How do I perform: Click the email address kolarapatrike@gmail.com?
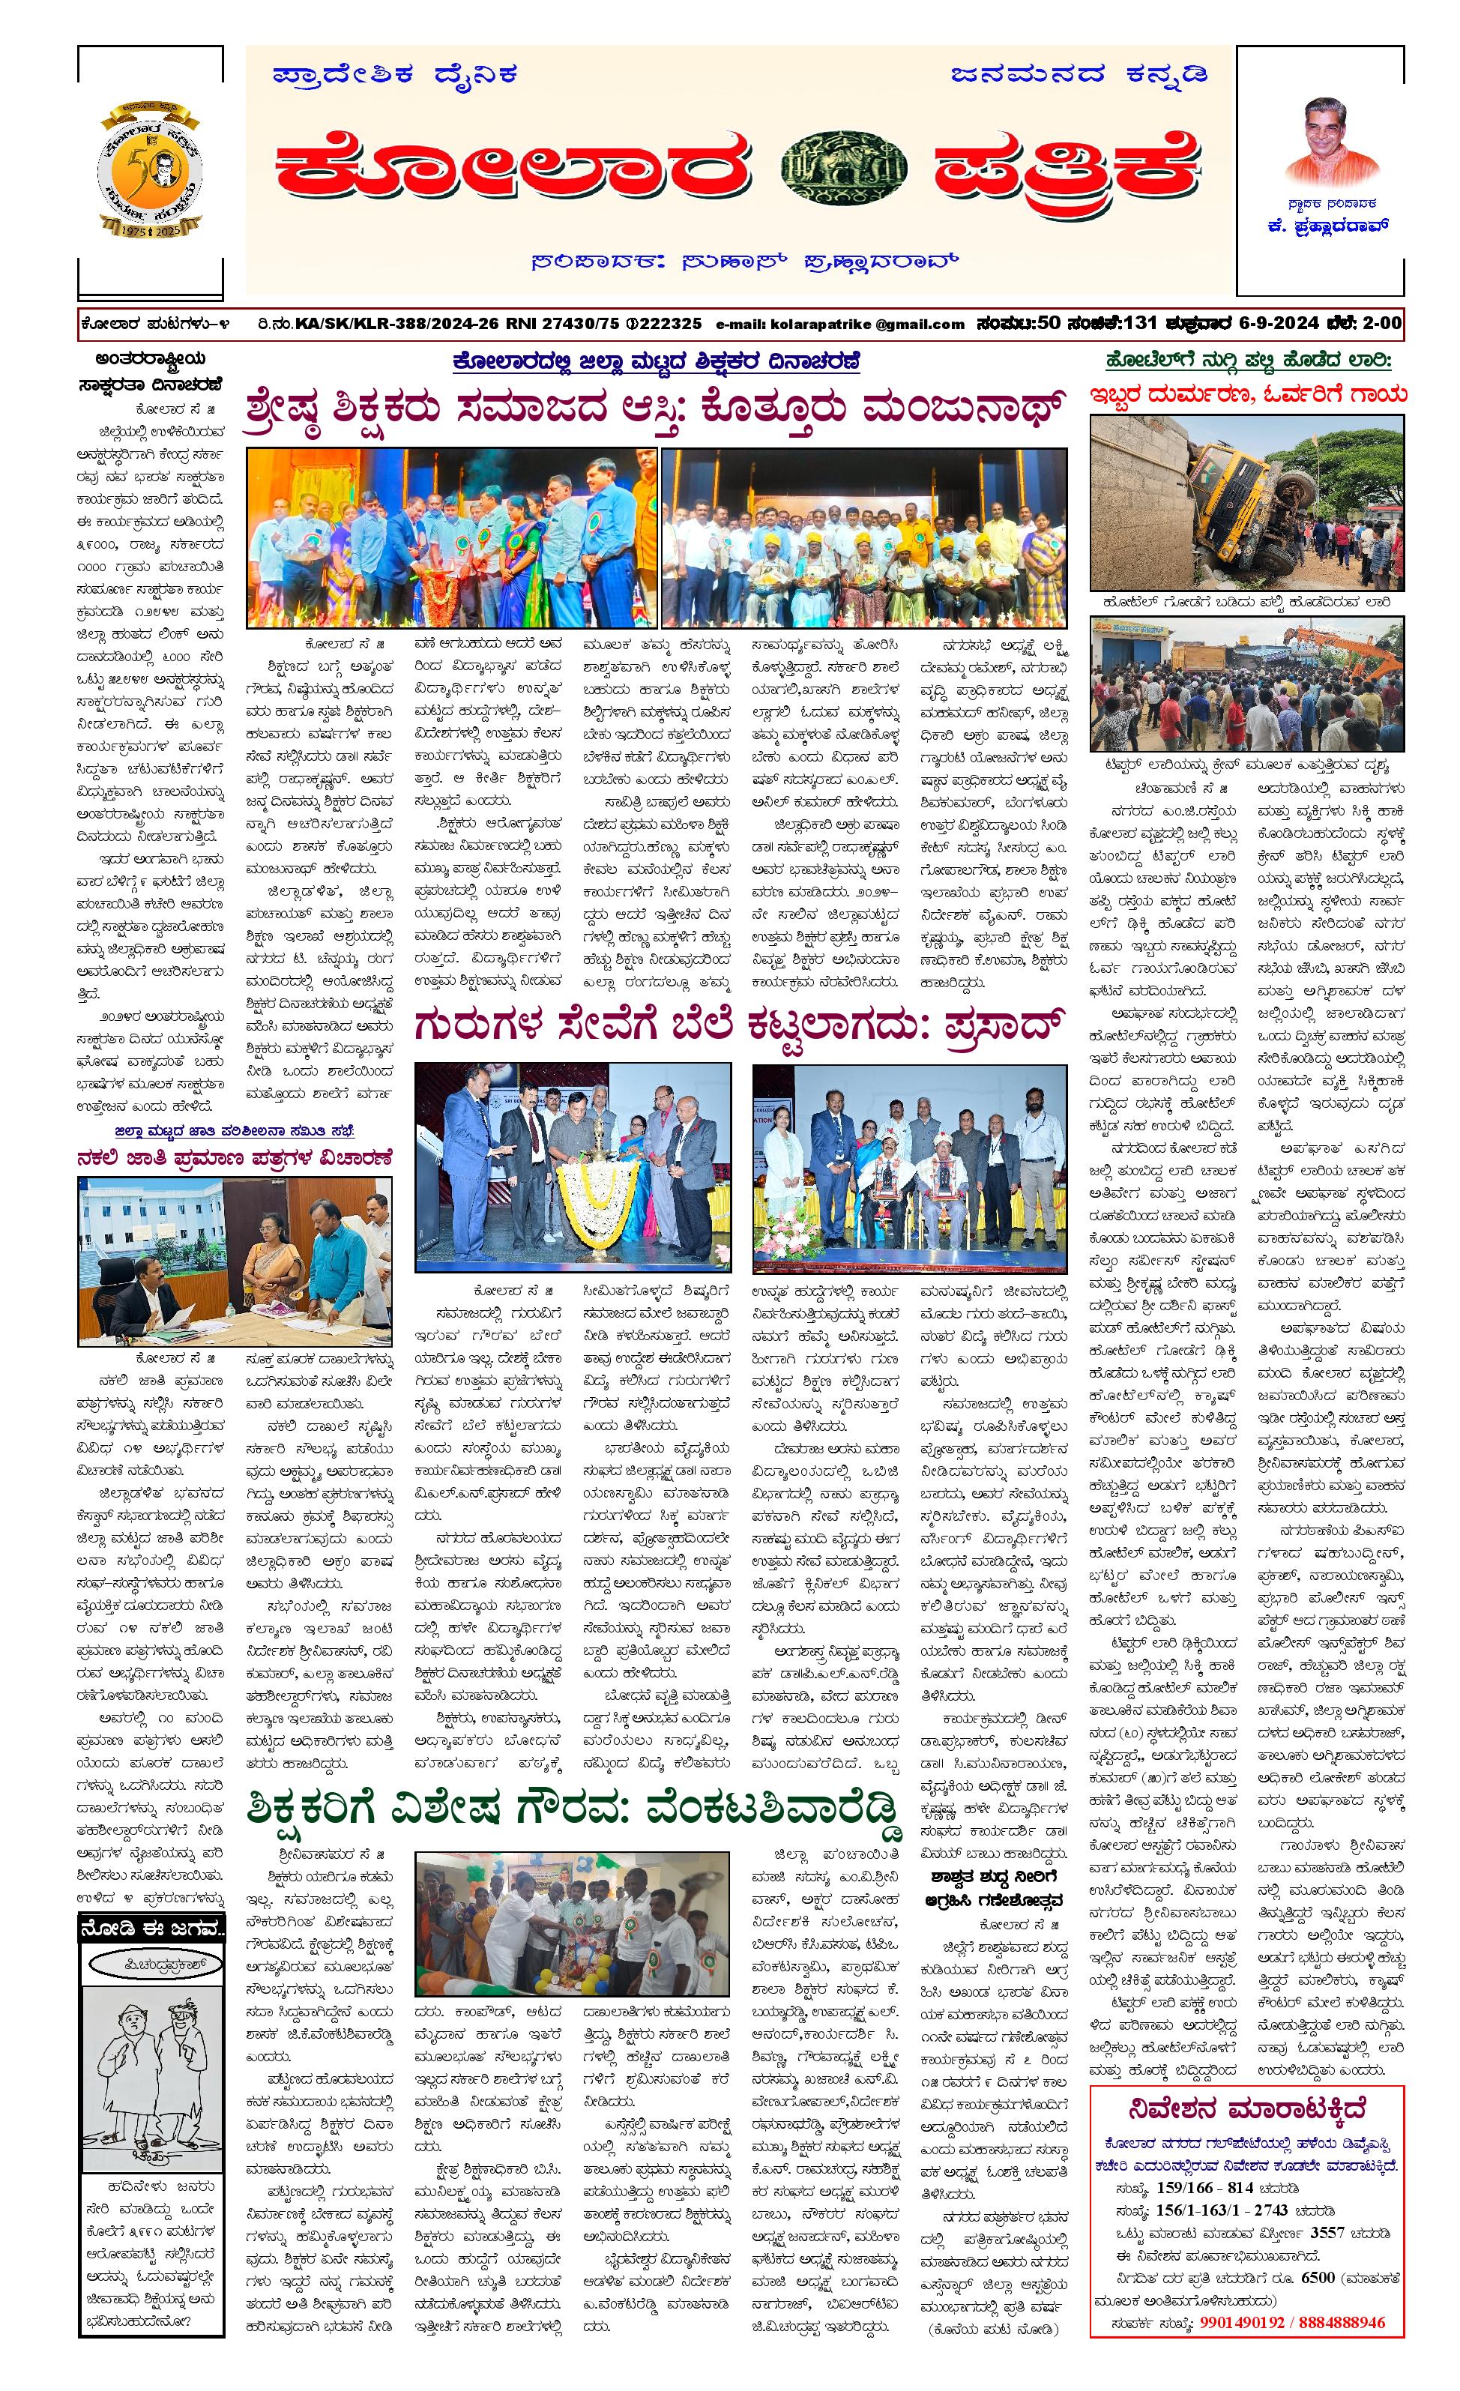(x=840, y=324)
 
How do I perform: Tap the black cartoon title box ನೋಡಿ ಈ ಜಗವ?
(x=151, y=1926)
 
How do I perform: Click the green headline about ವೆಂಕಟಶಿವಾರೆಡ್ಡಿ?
(x=573, y=1809)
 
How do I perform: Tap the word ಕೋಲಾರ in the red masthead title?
(x=514, y=168)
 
